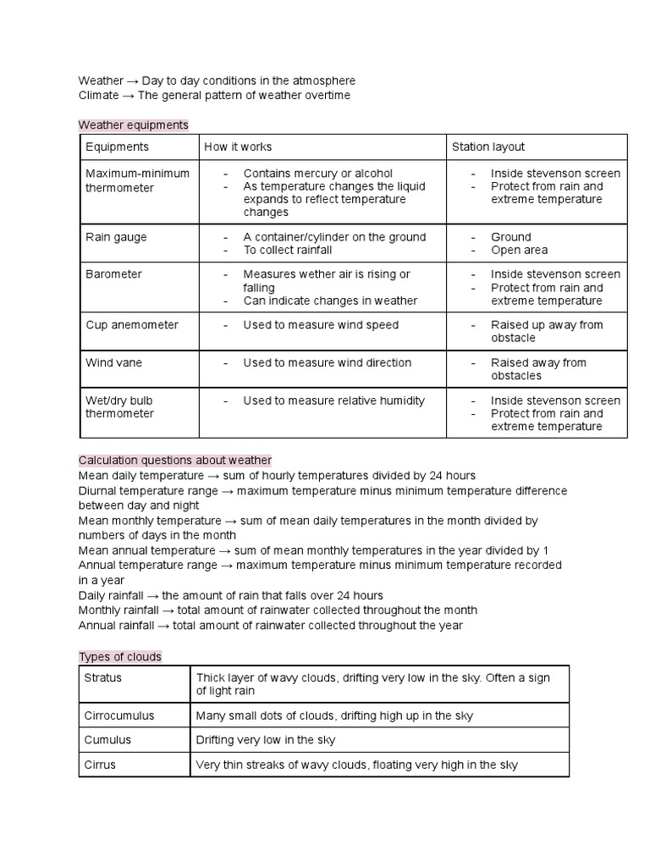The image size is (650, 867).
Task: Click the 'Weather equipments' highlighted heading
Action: [133, 125]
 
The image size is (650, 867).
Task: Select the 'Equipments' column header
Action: [117, 146]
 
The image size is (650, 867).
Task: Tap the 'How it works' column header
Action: [238, 146]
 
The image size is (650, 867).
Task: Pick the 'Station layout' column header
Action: [488, 146]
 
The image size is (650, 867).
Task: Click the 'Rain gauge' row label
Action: [116, 237]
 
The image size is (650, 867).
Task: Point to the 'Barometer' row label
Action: [113, 274]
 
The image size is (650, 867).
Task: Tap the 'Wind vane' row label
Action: [113, 362]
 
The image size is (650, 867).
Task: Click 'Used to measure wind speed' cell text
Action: [321, 325]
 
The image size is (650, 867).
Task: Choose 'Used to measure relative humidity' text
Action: [333, 400]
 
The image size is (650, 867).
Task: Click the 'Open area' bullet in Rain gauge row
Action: [519, 250]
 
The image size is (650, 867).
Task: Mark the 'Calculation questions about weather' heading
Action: [175, 460]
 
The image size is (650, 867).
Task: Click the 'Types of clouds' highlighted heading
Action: [119, 657]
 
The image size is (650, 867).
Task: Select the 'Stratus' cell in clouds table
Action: [103, 677]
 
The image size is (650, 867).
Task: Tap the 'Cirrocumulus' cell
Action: [119, 715]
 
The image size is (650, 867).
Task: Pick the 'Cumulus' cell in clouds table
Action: [107, 740]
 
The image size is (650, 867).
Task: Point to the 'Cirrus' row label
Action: [100, 765]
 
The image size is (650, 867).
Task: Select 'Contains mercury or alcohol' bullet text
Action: [318, 174]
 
